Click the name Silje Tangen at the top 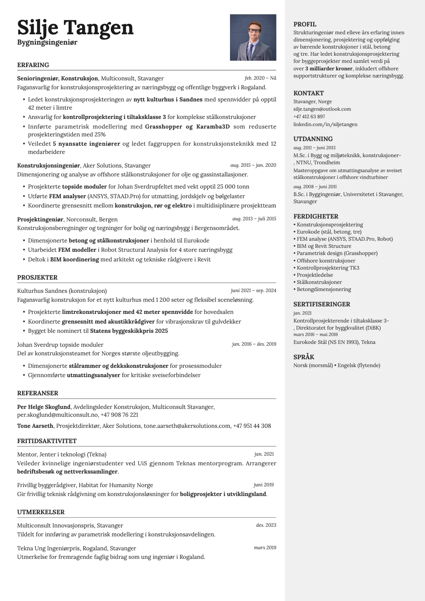[75, 27]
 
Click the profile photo [253, 37]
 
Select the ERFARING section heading [33, 65]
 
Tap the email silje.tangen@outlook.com [322, 109]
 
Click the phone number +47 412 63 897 [309, 116]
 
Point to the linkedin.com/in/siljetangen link [325, 124]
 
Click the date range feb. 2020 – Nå [260, 78]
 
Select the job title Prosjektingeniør [40, 219]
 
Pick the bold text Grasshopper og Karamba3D [187, 126]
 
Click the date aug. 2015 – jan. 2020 [253, 165]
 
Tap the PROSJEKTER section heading [37, 277]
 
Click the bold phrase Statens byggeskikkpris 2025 [129, 331]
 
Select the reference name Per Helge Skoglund [44, 407]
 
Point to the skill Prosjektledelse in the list [315, 275]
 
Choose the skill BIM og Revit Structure [324, 246]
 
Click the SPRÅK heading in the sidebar [304, 357]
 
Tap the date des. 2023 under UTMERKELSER [266, 525]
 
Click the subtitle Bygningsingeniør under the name [47, 42]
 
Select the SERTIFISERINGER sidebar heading [321, 304]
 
